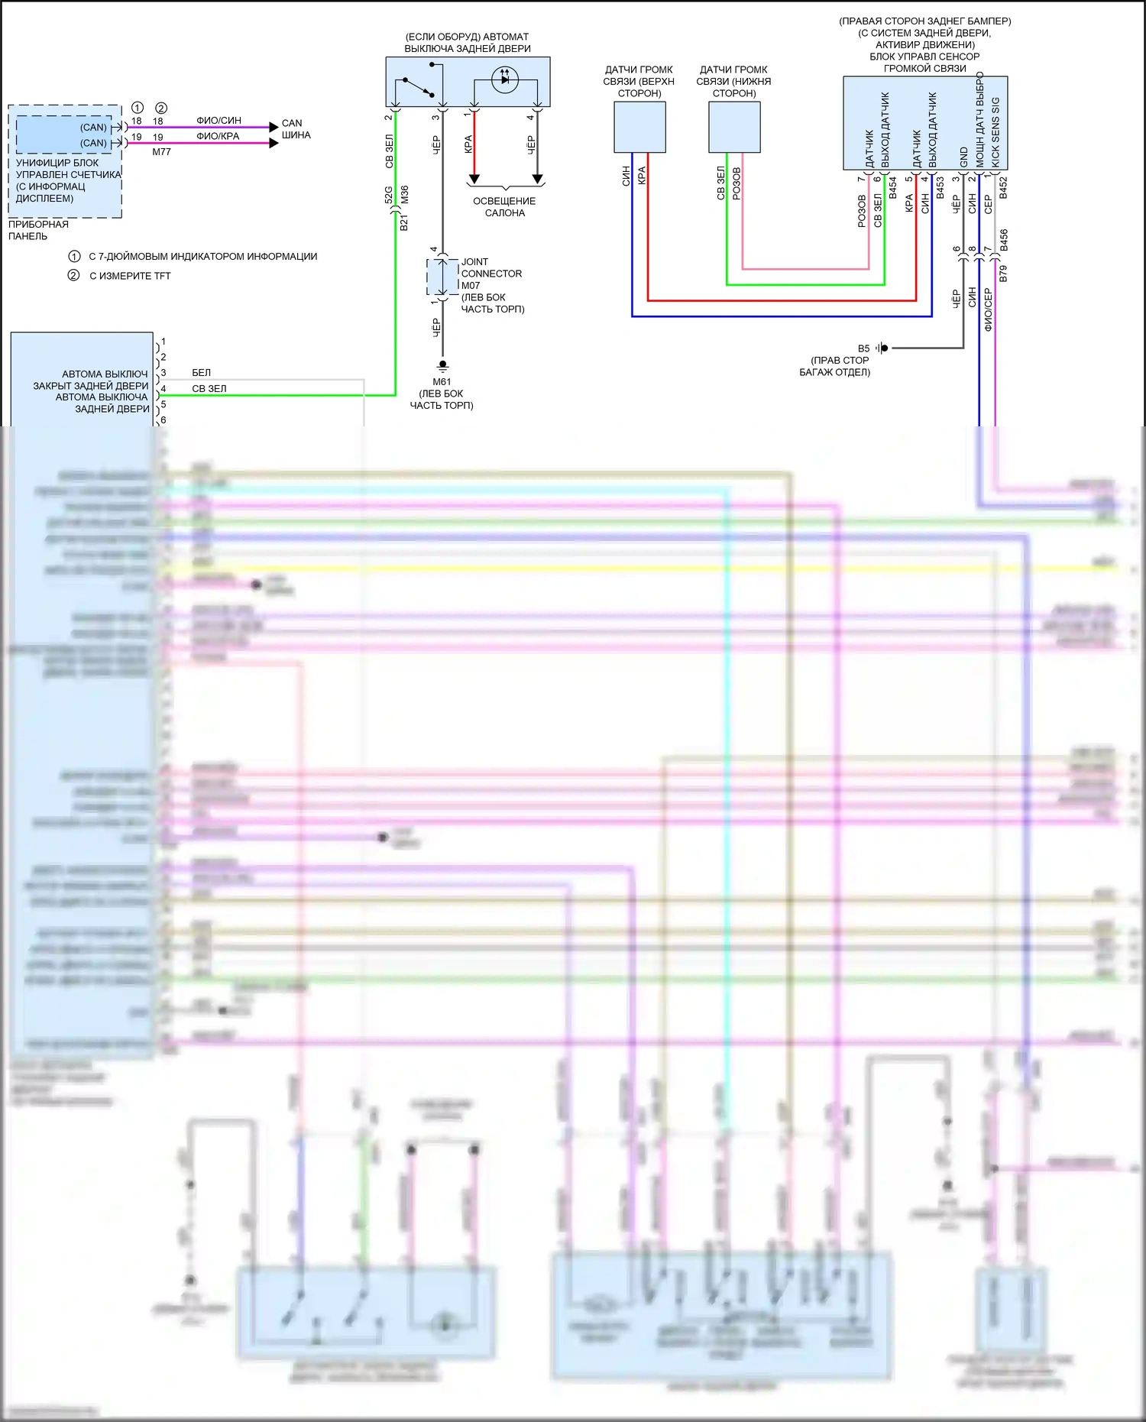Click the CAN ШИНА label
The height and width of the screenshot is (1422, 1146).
pos(296,129)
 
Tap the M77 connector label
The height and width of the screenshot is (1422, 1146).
pos(161,152)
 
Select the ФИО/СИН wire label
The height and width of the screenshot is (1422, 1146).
pos(219,121)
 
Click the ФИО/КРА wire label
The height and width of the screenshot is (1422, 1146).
pos(218,137)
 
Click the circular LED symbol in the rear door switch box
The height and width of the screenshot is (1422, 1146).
pos(504,79)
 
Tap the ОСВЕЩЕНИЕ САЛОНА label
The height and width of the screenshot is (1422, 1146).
pos(504,207)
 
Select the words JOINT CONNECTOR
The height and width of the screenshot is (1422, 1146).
pos(491,267)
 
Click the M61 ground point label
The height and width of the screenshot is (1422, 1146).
pos(442,382)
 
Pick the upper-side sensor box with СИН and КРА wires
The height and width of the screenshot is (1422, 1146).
pos(639,128)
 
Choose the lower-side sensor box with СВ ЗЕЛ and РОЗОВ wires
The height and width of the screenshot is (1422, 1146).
pos(734,128)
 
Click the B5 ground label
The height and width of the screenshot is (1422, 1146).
pos(863,348)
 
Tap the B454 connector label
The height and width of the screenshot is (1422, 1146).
pos(892,188)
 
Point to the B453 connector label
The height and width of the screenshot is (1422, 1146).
pos(940,188)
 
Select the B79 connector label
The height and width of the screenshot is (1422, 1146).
pos(1003,274)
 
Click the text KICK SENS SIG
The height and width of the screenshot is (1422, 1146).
pos(995,131)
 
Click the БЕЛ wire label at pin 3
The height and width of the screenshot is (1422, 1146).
pos(201,373)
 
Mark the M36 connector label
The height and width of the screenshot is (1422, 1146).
pos(404,194)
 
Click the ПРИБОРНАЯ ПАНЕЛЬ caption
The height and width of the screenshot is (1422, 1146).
pos(38,230)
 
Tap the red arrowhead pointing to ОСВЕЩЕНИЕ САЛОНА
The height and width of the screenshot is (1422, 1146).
pos(474,179)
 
